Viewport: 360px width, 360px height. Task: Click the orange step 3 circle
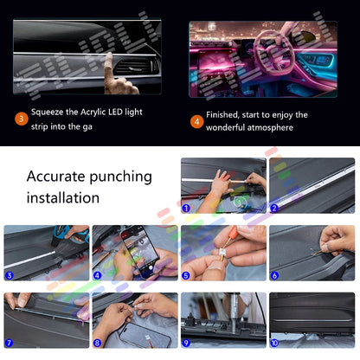pyautogui.click(x=20, y=119)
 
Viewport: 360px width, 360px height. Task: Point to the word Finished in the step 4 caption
pyautogui.click(x=229, y=113)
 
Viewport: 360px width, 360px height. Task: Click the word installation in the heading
pyautogui.click(x=63, y=197)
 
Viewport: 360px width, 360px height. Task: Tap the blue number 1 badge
pyautogui.click(x=185, y=208)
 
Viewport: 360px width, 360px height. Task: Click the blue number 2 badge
pyautogui.click(x=275, y=208)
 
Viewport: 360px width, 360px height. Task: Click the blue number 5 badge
pyautogui.click(x=185, y=277)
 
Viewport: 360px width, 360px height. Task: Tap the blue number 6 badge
pyautogui.click(x=274, y=277)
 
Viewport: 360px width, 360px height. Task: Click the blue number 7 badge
pyautogui.click(x=9, y=344)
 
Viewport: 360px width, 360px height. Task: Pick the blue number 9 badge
pyautogui.click(x=185, y=344)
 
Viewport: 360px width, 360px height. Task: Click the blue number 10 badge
pyautogui.click(x=275, y=344)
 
